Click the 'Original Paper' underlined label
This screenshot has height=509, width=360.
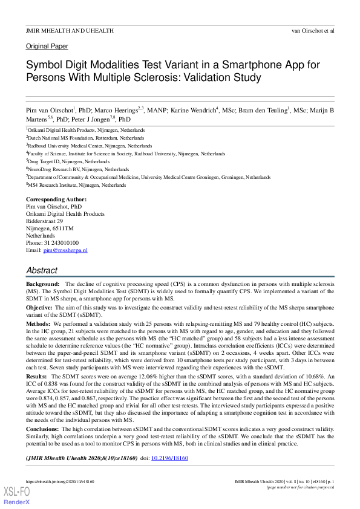[x=47, y=46]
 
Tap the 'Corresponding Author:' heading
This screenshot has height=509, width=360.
[x=56, y=199]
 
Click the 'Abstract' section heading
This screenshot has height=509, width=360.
[x=42, y=270]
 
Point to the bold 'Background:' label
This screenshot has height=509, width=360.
[x=42, y=284]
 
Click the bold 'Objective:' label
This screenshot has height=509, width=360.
[x=39, y=308]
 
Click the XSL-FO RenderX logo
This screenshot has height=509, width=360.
[x=18, y=496]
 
